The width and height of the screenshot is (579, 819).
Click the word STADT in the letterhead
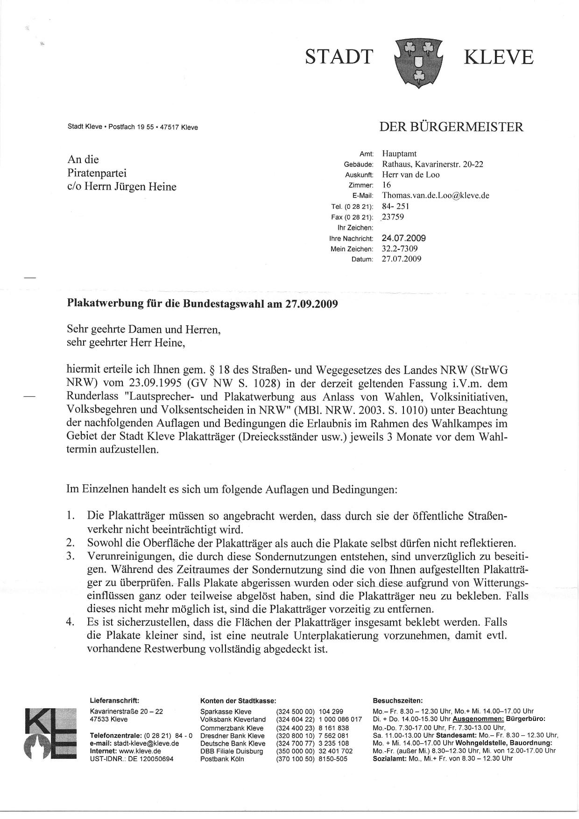tap(339, 57)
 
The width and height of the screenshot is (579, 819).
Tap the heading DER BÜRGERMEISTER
tap(452, 127)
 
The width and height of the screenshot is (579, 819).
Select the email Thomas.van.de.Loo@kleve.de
tap(435, 196)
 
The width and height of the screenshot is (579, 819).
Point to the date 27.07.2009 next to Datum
tap(402, 259)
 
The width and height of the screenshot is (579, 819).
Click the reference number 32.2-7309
tap(400, 248)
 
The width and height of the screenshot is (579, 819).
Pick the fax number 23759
tap(393, 217)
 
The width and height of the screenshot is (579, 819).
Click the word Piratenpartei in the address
tap(98, 173)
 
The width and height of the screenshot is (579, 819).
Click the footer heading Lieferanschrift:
tap(114, 700)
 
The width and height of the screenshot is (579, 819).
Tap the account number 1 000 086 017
tap(340, 720)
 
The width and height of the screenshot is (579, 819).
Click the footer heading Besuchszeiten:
tap(398, 700)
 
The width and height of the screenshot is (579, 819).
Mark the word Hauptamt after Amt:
tap(399, 153)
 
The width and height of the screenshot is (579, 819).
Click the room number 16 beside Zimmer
tap(387, 185)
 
